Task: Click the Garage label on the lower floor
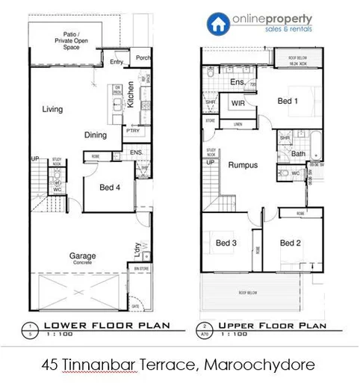coord(82,256)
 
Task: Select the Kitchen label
coord(131,95)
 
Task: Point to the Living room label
coord(52,110)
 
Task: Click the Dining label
coord(95,135)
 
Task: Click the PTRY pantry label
coord(133,131)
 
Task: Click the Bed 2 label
coord(291,243)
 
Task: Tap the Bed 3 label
coord(226,243)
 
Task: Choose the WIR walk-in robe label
coord(239,103)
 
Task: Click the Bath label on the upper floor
coord(298,155)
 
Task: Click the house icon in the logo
coord(218,24)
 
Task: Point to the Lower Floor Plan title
coord(105,326)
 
